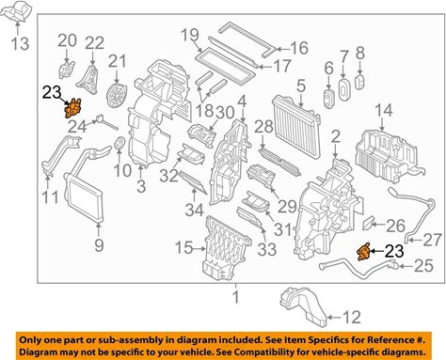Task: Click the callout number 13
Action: (x=21, y=43)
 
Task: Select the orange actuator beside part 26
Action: (x=364, y=252)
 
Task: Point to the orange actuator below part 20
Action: (x=73, y=108)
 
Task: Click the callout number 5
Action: (x=301, y=86)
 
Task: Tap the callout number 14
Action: (x=384, y=110)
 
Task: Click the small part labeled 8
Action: (x=359, y=83)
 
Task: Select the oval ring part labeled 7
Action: (x=344, y=89)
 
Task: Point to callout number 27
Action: (x=432, y=240)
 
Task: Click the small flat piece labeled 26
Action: (x=368, y=224)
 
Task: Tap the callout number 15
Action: (x=183, y=247)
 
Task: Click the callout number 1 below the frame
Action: (x=236, y=296)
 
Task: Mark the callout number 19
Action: (x=190, y=35)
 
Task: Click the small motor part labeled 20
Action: (x=67, y=69)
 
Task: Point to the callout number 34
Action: (x=194, y=210)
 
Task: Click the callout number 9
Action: (x=99, y=245)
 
